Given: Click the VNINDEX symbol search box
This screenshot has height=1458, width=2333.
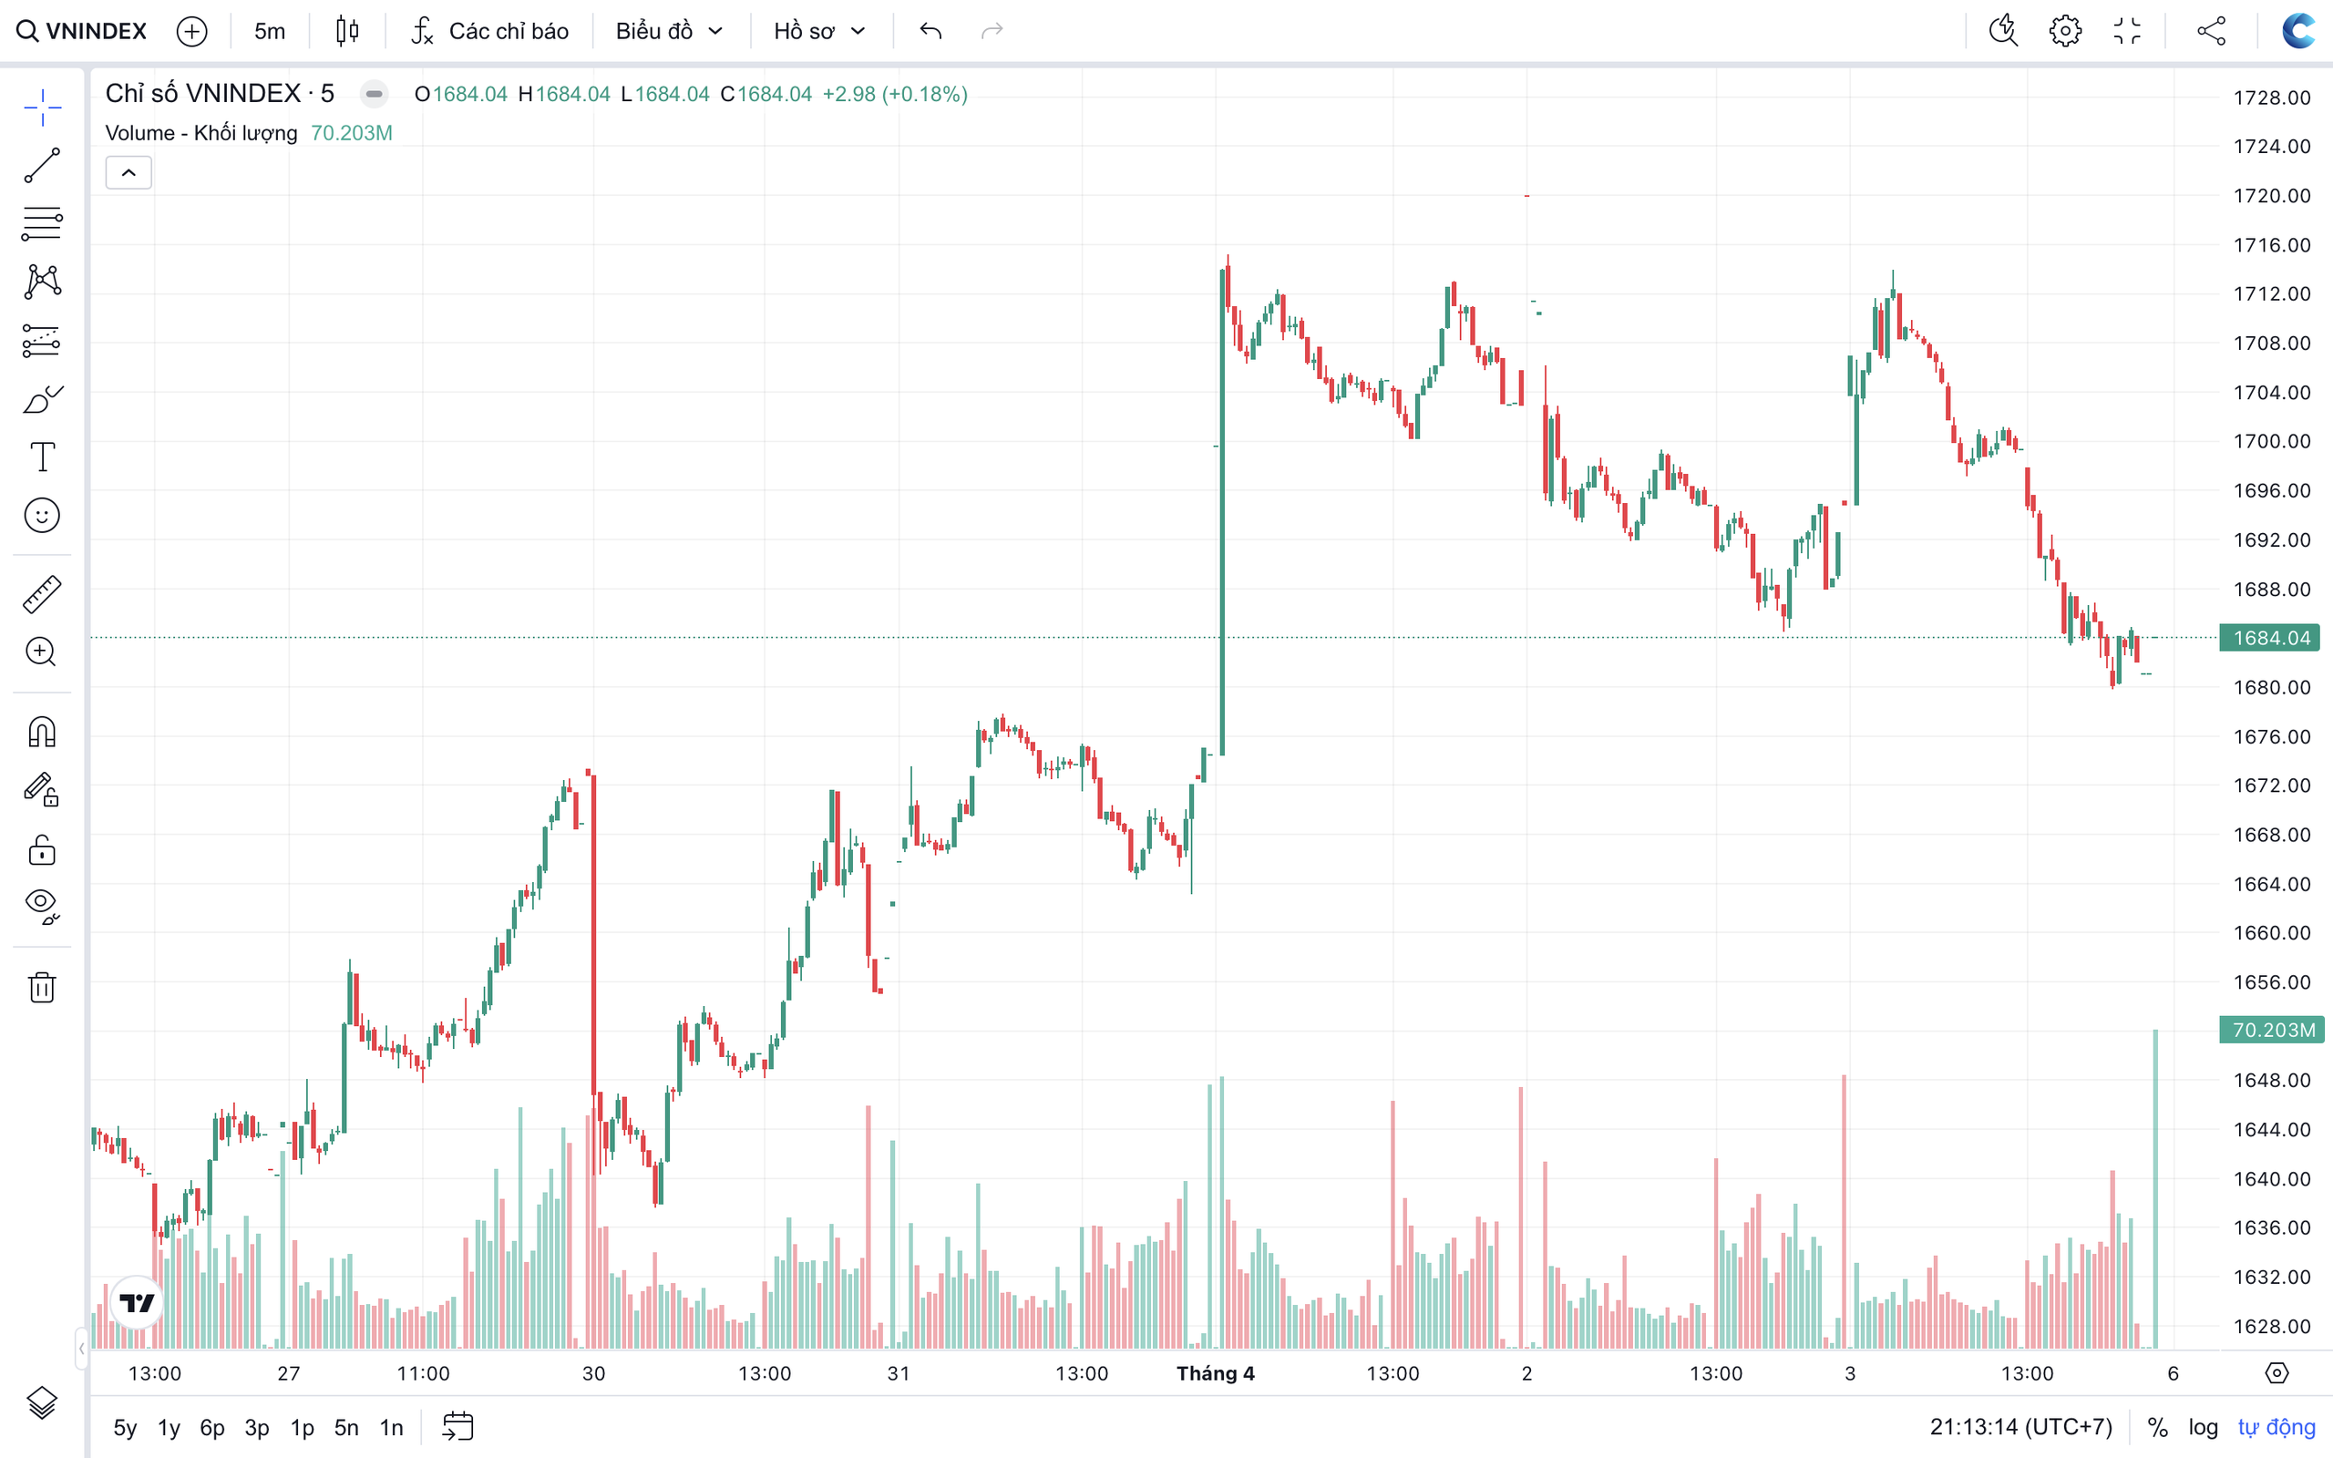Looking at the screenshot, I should pos(83,31).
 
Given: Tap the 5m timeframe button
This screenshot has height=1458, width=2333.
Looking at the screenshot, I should pos(269,31).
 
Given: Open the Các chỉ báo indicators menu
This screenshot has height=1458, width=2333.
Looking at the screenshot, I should pos(489,31).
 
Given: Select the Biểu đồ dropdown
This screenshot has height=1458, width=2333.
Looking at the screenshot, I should pos(669,31).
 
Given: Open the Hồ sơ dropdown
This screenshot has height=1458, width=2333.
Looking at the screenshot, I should pos(819,31).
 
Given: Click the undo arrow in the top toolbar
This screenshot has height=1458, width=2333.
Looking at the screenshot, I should pos(930,31).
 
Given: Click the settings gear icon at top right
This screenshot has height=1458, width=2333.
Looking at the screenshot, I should pos(2065,31).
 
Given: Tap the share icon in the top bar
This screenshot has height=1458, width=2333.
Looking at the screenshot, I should pos(2212,31).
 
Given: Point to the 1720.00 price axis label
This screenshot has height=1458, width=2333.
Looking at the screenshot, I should pos(2271,196).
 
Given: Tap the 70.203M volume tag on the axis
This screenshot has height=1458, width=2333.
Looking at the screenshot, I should pos(2272,1030).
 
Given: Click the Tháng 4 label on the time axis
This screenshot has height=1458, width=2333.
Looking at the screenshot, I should pos(1215,1373).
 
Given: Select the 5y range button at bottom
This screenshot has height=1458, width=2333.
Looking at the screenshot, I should pos(124,1427).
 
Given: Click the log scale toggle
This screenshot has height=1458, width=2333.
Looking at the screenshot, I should pos(2203,1427).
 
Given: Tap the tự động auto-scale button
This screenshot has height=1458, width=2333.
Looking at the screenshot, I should pos(2276,1427).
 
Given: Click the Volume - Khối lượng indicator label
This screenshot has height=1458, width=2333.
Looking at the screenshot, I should pos(200,133).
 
